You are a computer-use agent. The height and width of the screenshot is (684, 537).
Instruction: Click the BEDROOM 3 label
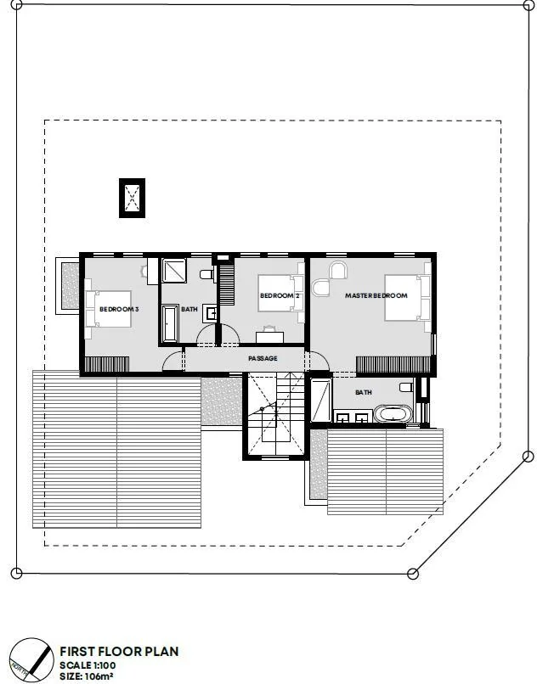pyautogui.click(x=119, y=309)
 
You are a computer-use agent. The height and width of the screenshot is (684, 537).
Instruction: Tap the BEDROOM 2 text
pyautogui.click(x=280, y=296)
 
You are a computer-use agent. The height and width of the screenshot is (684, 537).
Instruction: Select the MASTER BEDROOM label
pyautogui.click(x=376, y=295)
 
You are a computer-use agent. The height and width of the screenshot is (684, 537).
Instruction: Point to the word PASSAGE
pyautogui.click(x=263, y=358)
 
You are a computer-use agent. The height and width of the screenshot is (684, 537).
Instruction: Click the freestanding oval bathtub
pyautogui.click(x=393, y=414)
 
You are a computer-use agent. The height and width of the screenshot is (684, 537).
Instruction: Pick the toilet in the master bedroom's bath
pyautogui.click(x=406, y=386)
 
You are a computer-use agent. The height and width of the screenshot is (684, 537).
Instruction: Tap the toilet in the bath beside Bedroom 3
pyautogui.click(x=206, y=275)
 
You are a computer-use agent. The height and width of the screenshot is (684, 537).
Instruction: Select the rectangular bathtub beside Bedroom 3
pyautogui.click(x=170, y=322)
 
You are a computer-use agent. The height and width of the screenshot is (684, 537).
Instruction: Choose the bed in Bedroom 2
pyautogui.click(x=280, y=293)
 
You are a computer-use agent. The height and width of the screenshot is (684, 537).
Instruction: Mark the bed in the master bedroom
pyautogui.click(x=407, y=298)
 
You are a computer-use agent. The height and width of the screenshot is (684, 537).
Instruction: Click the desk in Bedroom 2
pyautogui.click(x=269, y=337)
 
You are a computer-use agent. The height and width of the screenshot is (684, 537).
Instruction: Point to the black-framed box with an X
pyautogui.click(x=132, y=198)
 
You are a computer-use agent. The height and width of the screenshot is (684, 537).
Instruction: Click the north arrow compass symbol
pyautogui.click(x=31, y=660)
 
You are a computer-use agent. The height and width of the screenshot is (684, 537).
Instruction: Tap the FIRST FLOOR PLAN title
pyautogui.click(x=119, y=651)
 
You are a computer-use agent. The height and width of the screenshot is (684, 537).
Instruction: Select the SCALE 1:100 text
pyautogui.click(x=88, y=665)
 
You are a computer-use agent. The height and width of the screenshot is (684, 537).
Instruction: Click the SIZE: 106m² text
pyautogui.click(x=87, y=676)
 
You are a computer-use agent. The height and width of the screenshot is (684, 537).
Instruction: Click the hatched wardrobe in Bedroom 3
pyautogui.click(x=106, y=364)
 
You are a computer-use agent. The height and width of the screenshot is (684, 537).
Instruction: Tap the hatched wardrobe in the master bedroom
pyautogui.click(x=393, y=365)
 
